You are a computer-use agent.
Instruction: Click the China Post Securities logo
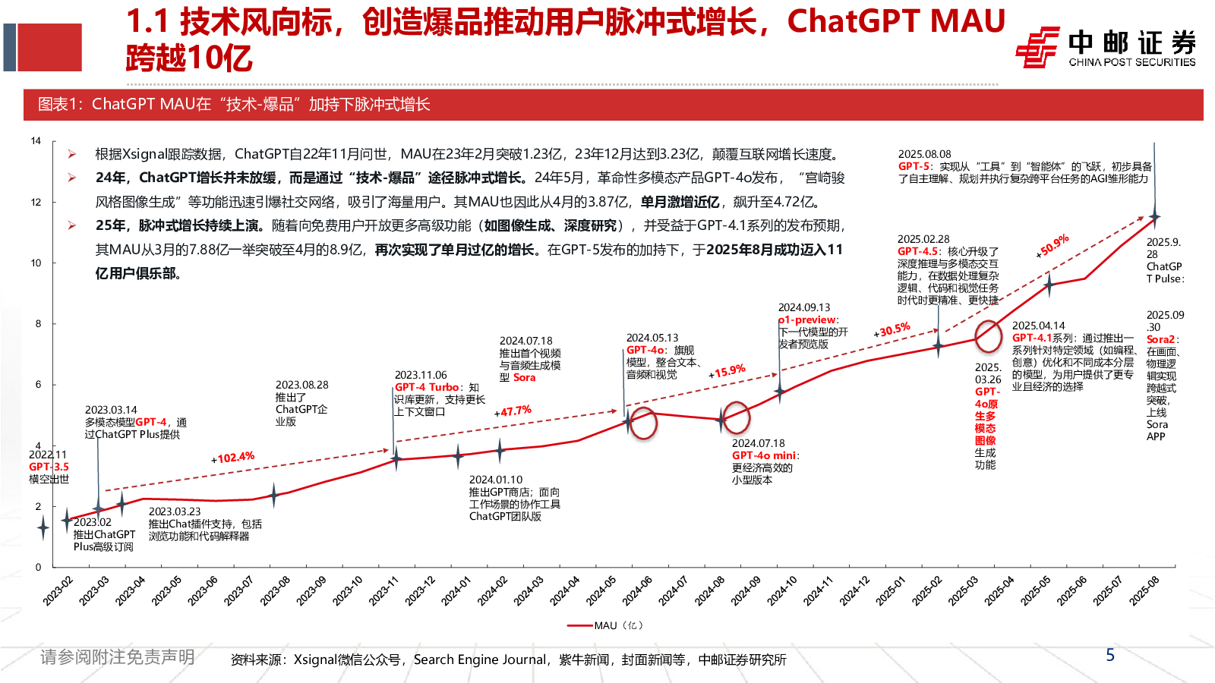pyautogui.click(x=1105, y=47)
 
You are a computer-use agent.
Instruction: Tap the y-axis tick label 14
pyautogui.click(x=36, y=141)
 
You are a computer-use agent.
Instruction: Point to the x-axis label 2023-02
pyautogui.click(x=58, y=590)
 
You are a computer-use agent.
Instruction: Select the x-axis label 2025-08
pyautogui.click(x=1144, y=590)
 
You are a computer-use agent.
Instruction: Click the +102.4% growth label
pyautogui.click(x=233, y=458)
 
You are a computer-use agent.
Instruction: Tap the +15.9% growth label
pyautogui.click(x=727, y=372)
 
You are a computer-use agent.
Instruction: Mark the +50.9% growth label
pyautogui.click(x=1053, y=245)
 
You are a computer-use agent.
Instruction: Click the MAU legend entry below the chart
pyautogui.click(x=605, y=625)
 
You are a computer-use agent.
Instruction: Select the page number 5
pyautogui.click(x=1110, y=655)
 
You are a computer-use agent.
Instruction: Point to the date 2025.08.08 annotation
pyautogui.click(x=924, y=154)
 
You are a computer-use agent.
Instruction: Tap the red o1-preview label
pyautogui.click(x=807, y=320)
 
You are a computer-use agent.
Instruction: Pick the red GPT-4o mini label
pyautogui.click(x=763, y=455)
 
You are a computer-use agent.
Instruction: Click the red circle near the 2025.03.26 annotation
pyautogui.click(x=988, y=336)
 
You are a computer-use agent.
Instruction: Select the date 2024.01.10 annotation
pyautogui.click(x=495, y=480)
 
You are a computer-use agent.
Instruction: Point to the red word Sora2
pyautogui.click(x=1160, y=339)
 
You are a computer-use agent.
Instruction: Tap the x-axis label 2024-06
pyautogui.click(x=636, y=590)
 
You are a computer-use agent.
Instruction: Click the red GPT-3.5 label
pyautogui.click(x=49, y=467)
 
